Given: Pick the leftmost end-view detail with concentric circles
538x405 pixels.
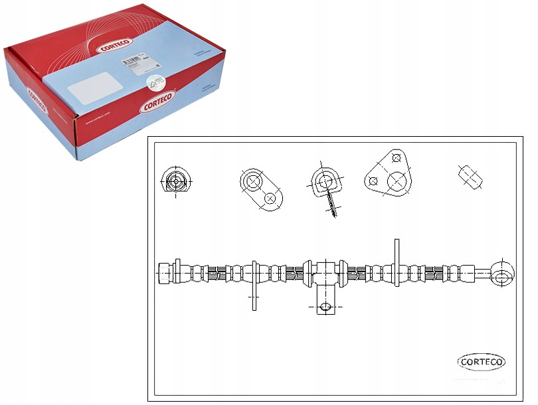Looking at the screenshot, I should tap(175, 180).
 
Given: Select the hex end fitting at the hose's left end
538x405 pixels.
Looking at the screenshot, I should tap(166, 272).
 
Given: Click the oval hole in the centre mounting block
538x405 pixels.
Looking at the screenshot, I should tap(325, 306).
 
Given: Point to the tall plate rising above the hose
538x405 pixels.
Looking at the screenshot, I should tap(397, 262).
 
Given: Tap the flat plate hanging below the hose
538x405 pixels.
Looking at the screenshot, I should tap(254, 293).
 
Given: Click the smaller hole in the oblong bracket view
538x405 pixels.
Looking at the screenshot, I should tap(270, 197).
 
